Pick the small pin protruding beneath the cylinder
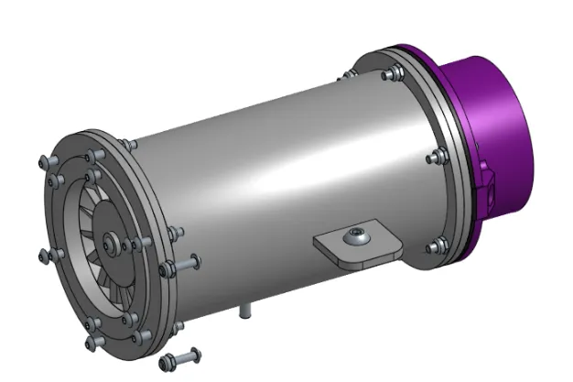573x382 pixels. pos(244,311)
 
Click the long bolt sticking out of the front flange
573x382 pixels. pos(183,264)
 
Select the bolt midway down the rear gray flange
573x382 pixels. pos(432,158)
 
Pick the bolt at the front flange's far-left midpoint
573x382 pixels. pos(47,253)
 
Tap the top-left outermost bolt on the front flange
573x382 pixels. pos(45,162)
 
